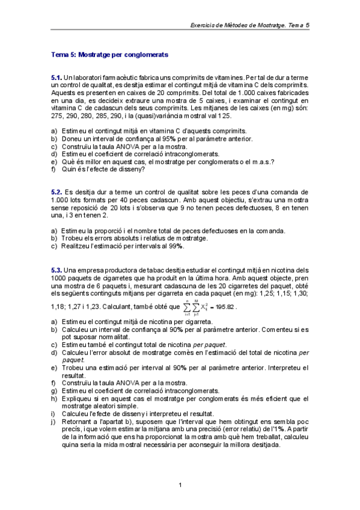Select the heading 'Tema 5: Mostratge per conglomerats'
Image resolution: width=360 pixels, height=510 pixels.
pos(109,55)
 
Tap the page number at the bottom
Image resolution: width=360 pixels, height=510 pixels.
pos(180,485)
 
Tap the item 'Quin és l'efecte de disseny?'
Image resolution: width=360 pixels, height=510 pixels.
pos(102,169)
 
